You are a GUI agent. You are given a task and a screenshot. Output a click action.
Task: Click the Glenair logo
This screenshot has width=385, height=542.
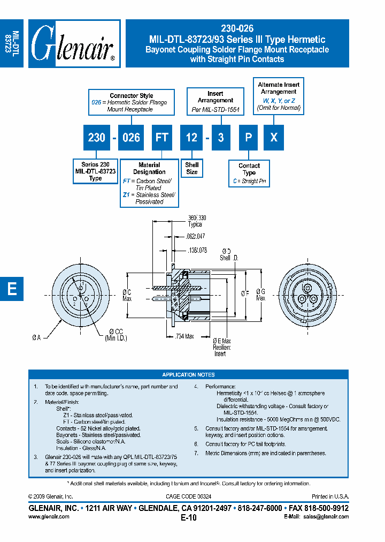coord(74,43)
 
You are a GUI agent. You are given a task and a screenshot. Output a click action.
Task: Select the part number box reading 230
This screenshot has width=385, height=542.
coord(96,138)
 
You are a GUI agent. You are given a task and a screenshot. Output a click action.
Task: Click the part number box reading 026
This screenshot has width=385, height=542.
coord(131,138)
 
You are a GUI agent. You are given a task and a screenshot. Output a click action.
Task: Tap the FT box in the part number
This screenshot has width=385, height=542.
coord(161,138)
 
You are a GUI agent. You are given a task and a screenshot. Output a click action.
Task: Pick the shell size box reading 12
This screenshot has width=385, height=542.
coord(191,138)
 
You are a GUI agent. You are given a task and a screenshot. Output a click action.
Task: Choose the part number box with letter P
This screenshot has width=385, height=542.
coord(248,138)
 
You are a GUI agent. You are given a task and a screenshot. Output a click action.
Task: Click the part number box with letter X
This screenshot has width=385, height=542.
coord(274,138)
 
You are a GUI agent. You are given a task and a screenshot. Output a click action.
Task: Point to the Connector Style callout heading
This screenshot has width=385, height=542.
coord(132,96)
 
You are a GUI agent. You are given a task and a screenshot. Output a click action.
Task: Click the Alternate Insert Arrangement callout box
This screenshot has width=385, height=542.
coord(279,96)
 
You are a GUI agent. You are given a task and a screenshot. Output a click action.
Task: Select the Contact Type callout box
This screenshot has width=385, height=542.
coord(249,174)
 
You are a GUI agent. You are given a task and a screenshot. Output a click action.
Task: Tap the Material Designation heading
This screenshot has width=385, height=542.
coord(149,168)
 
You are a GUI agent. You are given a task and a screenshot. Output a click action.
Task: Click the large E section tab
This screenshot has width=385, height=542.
coord(12,289)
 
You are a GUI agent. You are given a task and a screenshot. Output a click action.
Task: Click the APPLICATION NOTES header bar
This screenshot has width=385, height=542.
coord(188,375)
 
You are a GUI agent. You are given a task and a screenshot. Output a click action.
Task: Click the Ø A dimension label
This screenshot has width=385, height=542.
coord(36,337)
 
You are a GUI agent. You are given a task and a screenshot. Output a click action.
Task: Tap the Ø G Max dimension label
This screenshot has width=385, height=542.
coord(260,295)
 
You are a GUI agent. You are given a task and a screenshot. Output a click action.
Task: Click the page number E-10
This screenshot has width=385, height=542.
coord(189,517)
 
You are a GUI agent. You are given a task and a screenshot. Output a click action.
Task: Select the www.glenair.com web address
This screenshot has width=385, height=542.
coord(48,516)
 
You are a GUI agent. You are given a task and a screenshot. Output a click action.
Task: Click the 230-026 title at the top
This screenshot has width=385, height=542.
coord(237,29)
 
